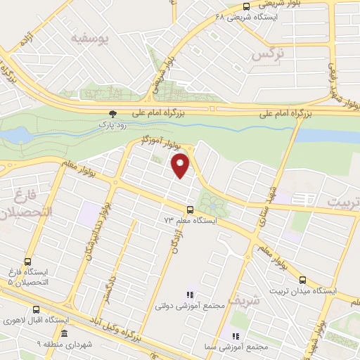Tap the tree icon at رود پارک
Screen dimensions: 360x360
tap(112, 113)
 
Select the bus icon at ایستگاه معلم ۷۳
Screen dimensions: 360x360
tap(190, 210)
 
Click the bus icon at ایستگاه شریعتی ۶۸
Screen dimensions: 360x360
tap(246, 7)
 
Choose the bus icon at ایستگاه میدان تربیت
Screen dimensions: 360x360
tap(303, 279)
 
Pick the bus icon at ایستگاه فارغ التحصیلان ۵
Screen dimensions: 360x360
tap(27, 260)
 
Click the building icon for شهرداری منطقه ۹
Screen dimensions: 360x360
tap(65, 333)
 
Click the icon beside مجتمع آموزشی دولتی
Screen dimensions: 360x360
tap(188, 295)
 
